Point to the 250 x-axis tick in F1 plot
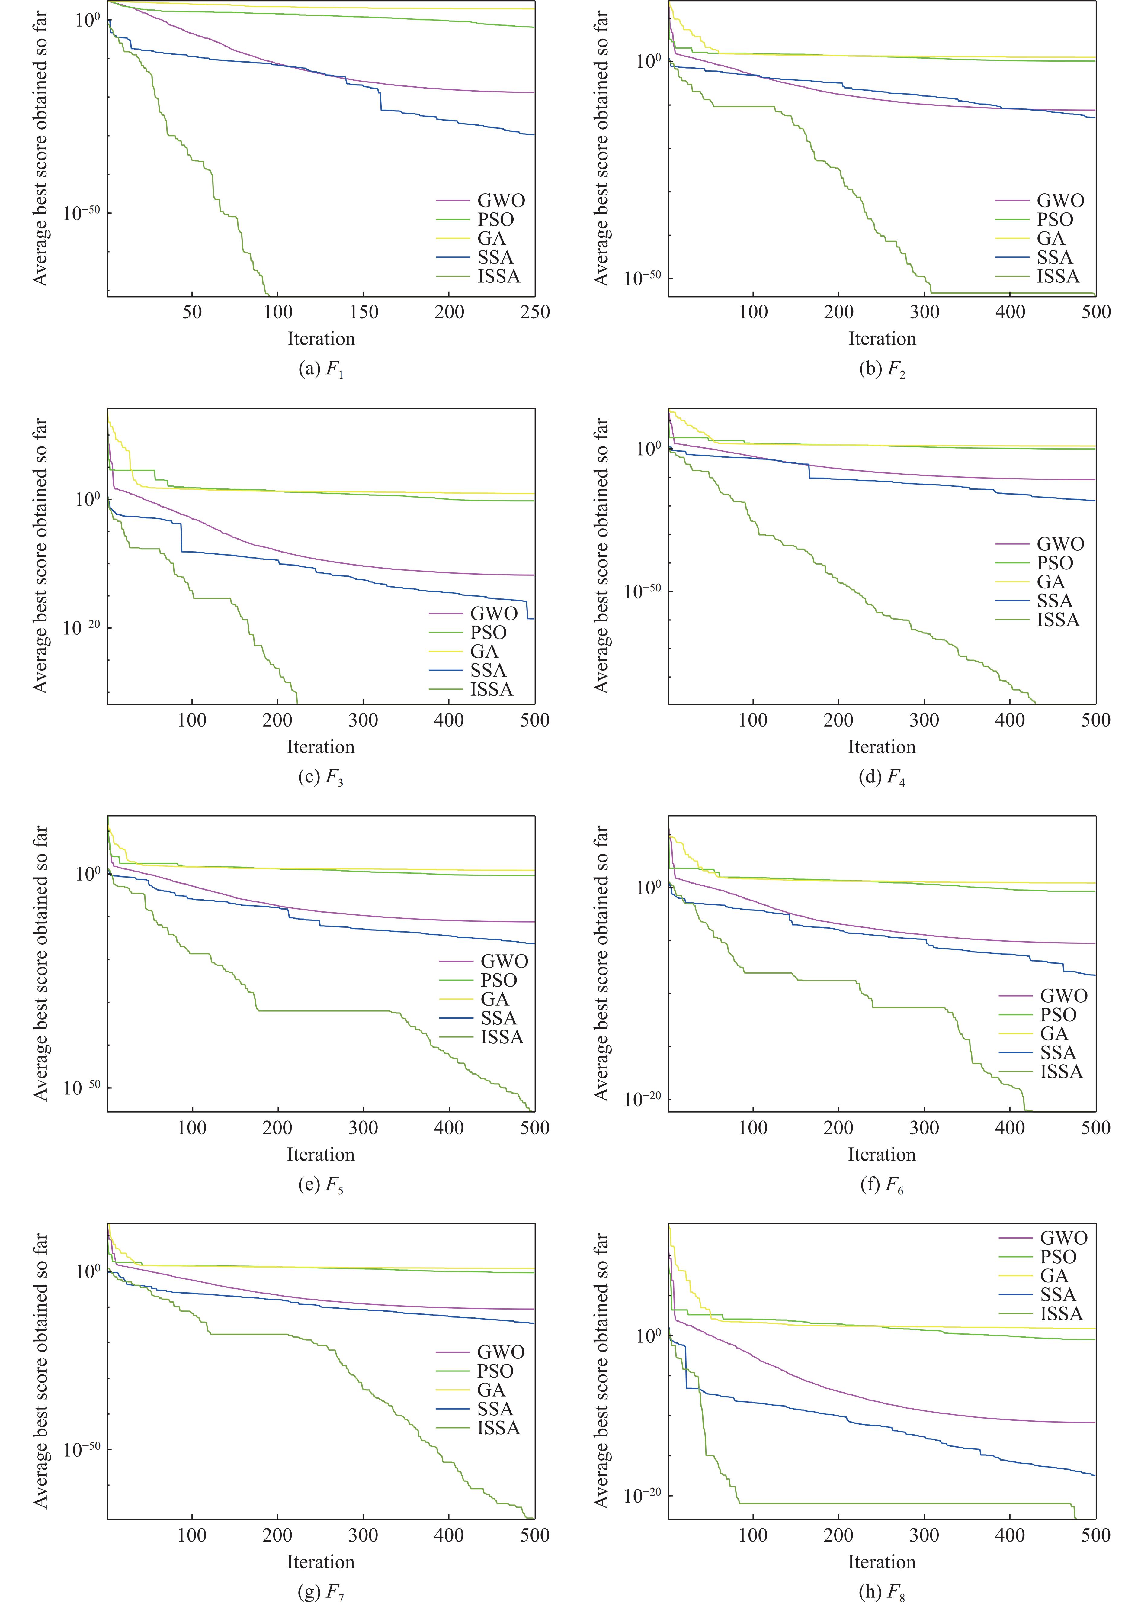(x=535, y=312)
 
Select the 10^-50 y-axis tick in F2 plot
(x=642, y=278)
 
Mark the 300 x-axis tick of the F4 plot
(x=924, y=720)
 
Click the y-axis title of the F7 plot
(x=41, y=1371)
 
